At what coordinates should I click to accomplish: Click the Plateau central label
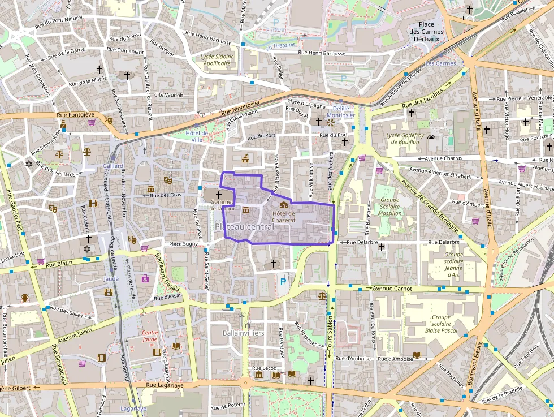point(244,226)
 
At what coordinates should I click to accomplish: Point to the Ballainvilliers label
point(244,333)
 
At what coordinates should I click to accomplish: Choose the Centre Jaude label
point(150,336)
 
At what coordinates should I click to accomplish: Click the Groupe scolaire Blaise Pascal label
point(440,324)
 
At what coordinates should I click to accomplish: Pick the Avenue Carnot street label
point(392,289)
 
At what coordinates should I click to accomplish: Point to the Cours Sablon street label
point(330,336)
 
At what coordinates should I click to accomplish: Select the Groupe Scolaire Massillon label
point(390,207)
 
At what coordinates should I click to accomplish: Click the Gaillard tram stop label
point(113,166)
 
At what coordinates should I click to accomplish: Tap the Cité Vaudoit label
point(168,95)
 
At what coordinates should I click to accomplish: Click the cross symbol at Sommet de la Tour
point(218,194)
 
